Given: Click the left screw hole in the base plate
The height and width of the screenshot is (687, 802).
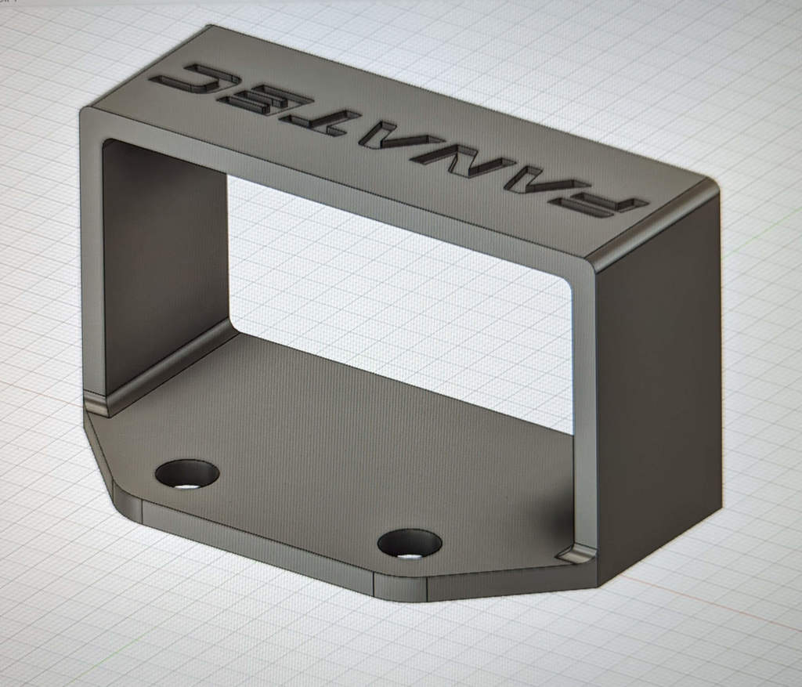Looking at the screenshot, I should click(187, 474).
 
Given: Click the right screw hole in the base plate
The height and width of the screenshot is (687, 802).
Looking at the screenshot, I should click(410, 543).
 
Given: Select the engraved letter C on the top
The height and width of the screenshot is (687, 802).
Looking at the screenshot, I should click(196, 81).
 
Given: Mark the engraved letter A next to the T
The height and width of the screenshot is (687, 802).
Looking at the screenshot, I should click(384, 136).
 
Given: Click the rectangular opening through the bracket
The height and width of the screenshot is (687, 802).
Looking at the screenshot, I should click(392, 298).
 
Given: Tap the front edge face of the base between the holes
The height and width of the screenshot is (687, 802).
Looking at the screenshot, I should click(258, 541).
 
